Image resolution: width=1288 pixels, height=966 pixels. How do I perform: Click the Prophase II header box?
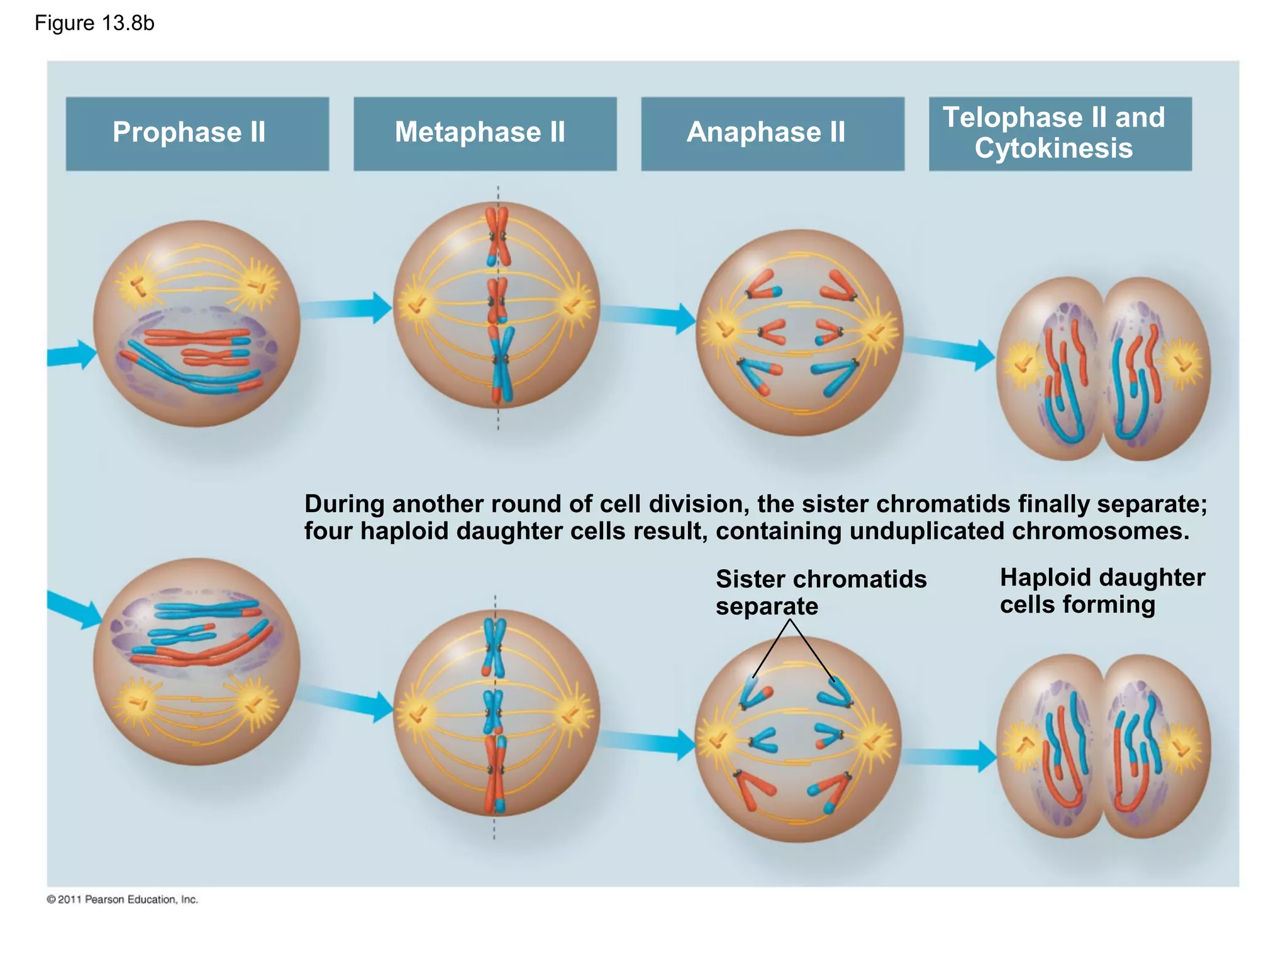(x=197, y=133)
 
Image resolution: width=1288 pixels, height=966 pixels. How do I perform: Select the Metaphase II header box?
(x=484, y=133)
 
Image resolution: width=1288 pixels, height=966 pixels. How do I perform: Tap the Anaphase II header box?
(x=772, y=133)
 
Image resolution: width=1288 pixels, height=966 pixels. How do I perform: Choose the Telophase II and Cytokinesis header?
(x=1060, y=133)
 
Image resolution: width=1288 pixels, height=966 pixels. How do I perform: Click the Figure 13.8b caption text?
(x=94, y=23)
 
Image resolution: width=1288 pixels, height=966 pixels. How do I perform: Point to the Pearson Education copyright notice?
(x=123, y=899)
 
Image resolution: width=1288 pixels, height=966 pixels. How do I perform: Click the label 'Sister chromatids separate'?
(x=821, y=592)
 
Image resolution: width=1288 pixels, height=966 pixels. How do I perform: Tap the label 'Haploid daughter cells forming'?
(x=1102, y=591)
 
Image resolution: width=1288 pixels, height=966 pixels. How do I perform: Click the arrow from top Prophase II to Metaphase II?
(x=346, y=308)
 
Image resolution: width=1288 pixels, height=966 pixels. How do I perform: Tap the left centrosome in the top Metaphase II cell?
(x=416, y=305)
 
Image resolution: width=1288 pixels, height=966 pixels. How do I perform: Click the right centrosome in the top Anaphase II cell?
(x=875, y=332)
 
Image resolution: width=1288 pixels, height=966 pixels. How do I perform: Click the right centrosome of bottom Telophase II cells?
(x=1182, y=748)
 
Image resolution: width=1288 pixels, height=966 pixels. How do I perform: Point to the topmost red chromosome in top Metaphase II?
(x=497, y=236)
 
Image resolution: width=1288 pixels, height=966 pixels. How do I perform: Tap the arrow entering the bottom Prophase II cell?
(x=74, y=608)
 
